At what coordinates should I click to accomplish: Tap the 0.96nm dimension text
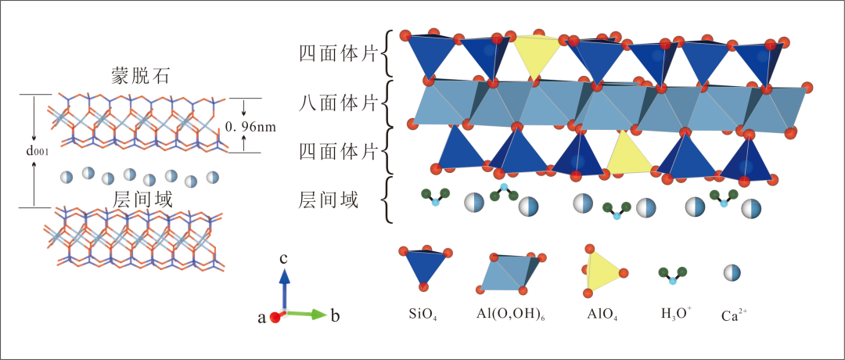point(252,125)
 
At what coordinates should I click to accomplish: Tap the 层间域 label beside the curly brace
point(329,200)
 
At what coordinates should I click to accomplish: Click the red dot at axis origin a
point(275,317)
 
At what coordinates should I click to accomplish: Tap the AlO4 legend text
point(602,315)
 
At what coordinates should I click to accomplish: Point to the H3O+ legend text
point(675,315)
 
